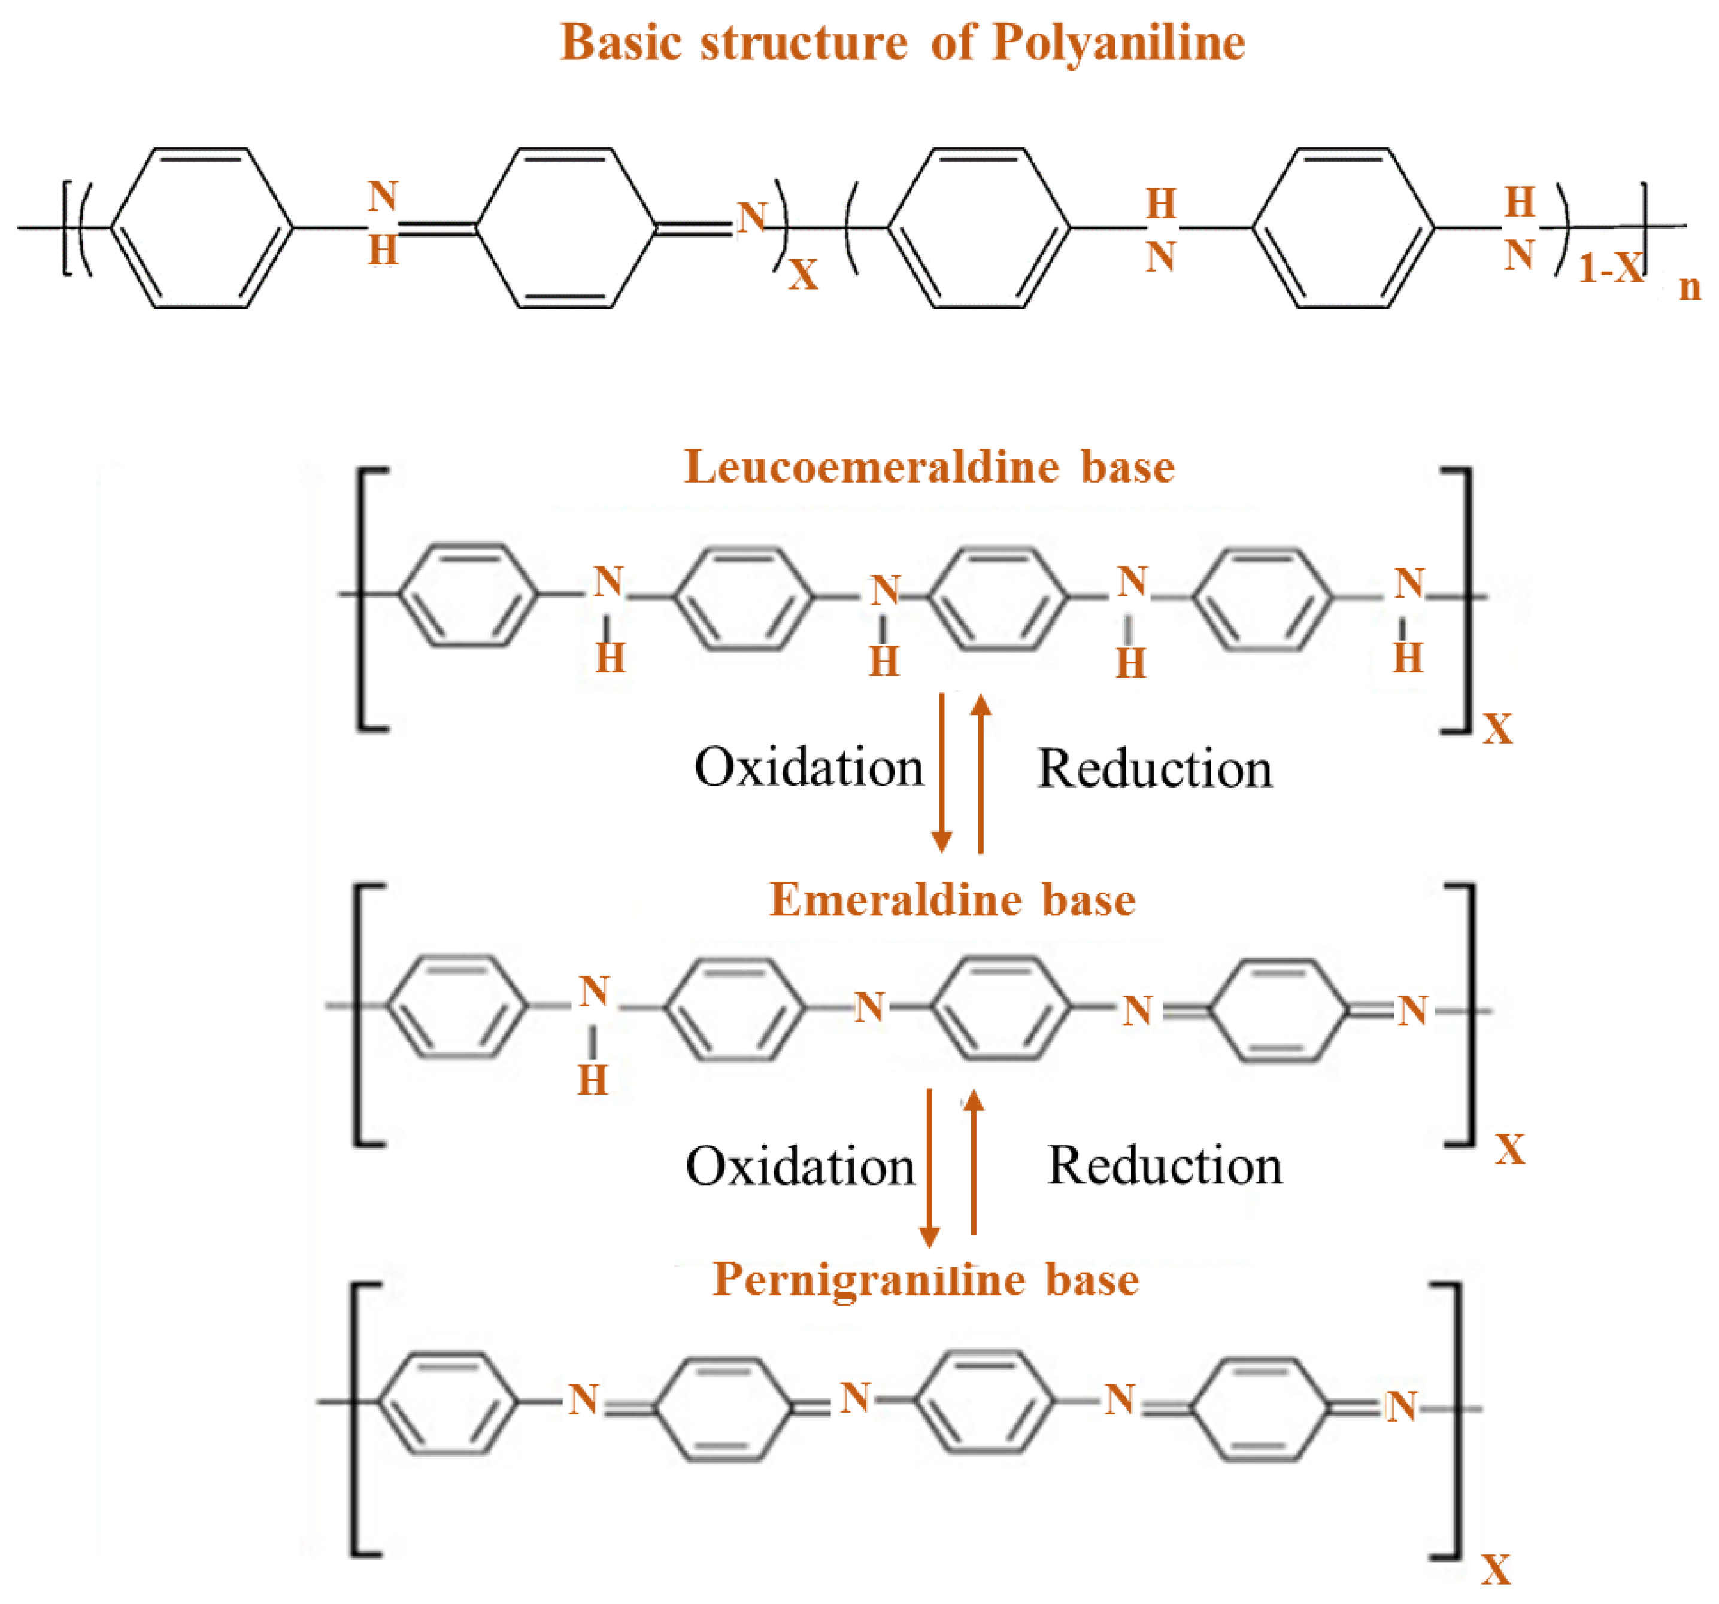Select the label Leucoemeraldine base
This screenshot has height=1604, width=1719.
click(x=929, y=467)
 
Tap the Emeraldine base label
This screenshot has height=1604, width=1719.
click(x=952, y=900)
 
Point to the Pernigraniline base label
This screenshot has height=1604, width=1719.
click(x=925, y=1280)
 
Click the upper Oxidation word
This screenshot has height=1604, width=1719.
click(x=808, y=768)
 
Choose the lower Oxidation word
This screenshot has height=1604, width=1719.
click(x=800, y=1166)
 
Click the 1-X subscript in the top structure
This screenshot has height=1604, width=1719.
click(x=1610, y=268)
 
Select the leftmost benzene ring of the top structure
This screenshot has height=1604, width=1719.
click(x=201, y=227)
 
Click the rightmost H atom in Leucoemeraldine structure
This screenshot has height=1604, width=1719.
click(x=1408, y=659)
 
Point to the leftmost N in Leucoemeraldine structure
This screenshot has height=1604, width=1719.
click(x=609, y=583)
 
